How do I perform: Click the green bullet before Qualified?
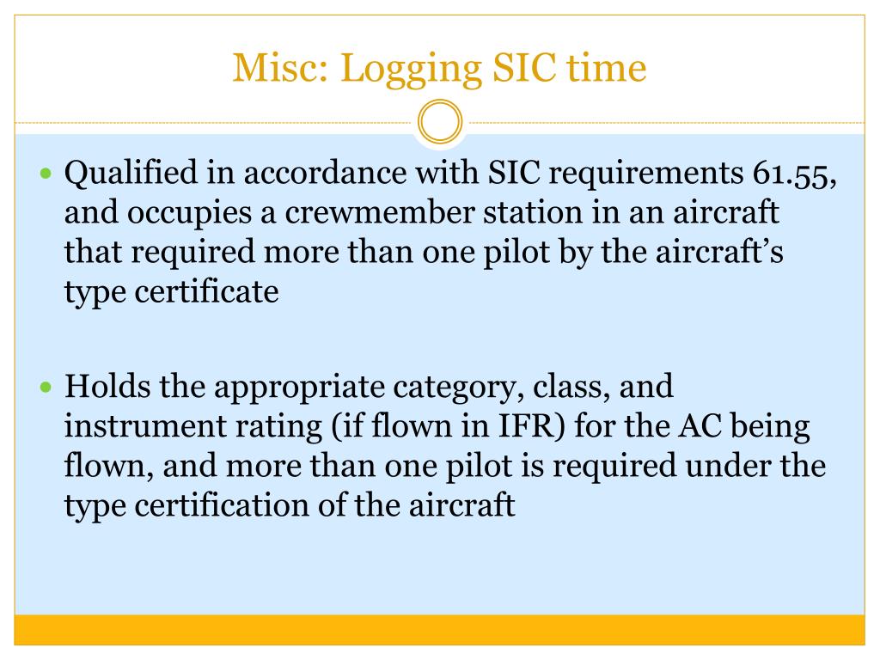click(x=47, y=174)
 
